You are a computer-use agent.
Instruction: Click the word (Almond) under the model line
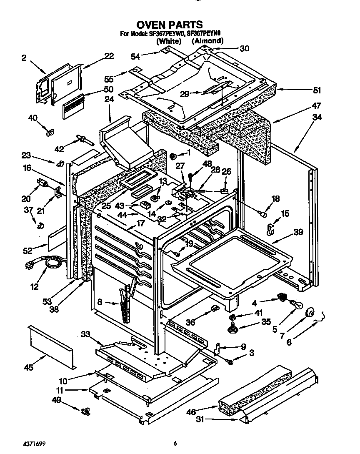[x=207, y=41]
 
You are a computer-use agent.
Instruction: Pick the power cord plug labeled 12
[x=31, y=264]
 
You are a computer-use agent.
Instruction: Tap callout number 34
[x=317, y=117]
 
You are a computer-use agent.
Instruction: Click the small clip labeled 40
[x=49, y=133]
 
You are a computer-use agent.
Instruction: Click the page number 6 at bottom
[x=176, y=443]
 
